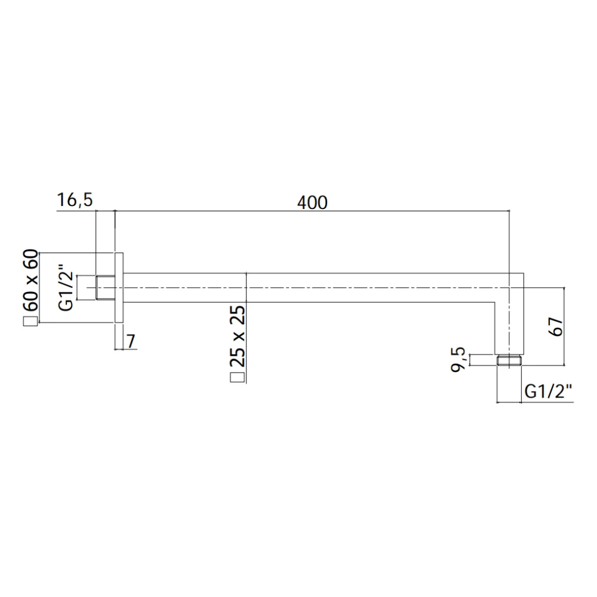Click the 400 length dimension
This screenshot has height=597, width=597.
pos(312,202)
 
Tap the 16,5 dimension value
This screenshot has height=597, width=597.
pos(75,200)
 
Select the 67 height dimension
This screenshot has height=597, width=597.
pos(556,326)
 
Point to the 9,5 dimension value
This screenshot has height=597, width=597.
pos(458,359)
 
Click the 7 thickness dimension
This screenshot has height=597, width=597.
pos(131,341)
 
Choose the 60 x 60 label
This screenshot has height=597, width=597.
pos(30,280)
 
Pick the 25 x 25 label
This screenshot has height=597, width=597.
pos(238,336)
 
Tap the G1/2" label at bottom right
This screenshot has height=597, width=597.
pos(548,391)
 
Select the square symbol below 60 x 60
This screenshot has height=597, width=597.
pos(31,321)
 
